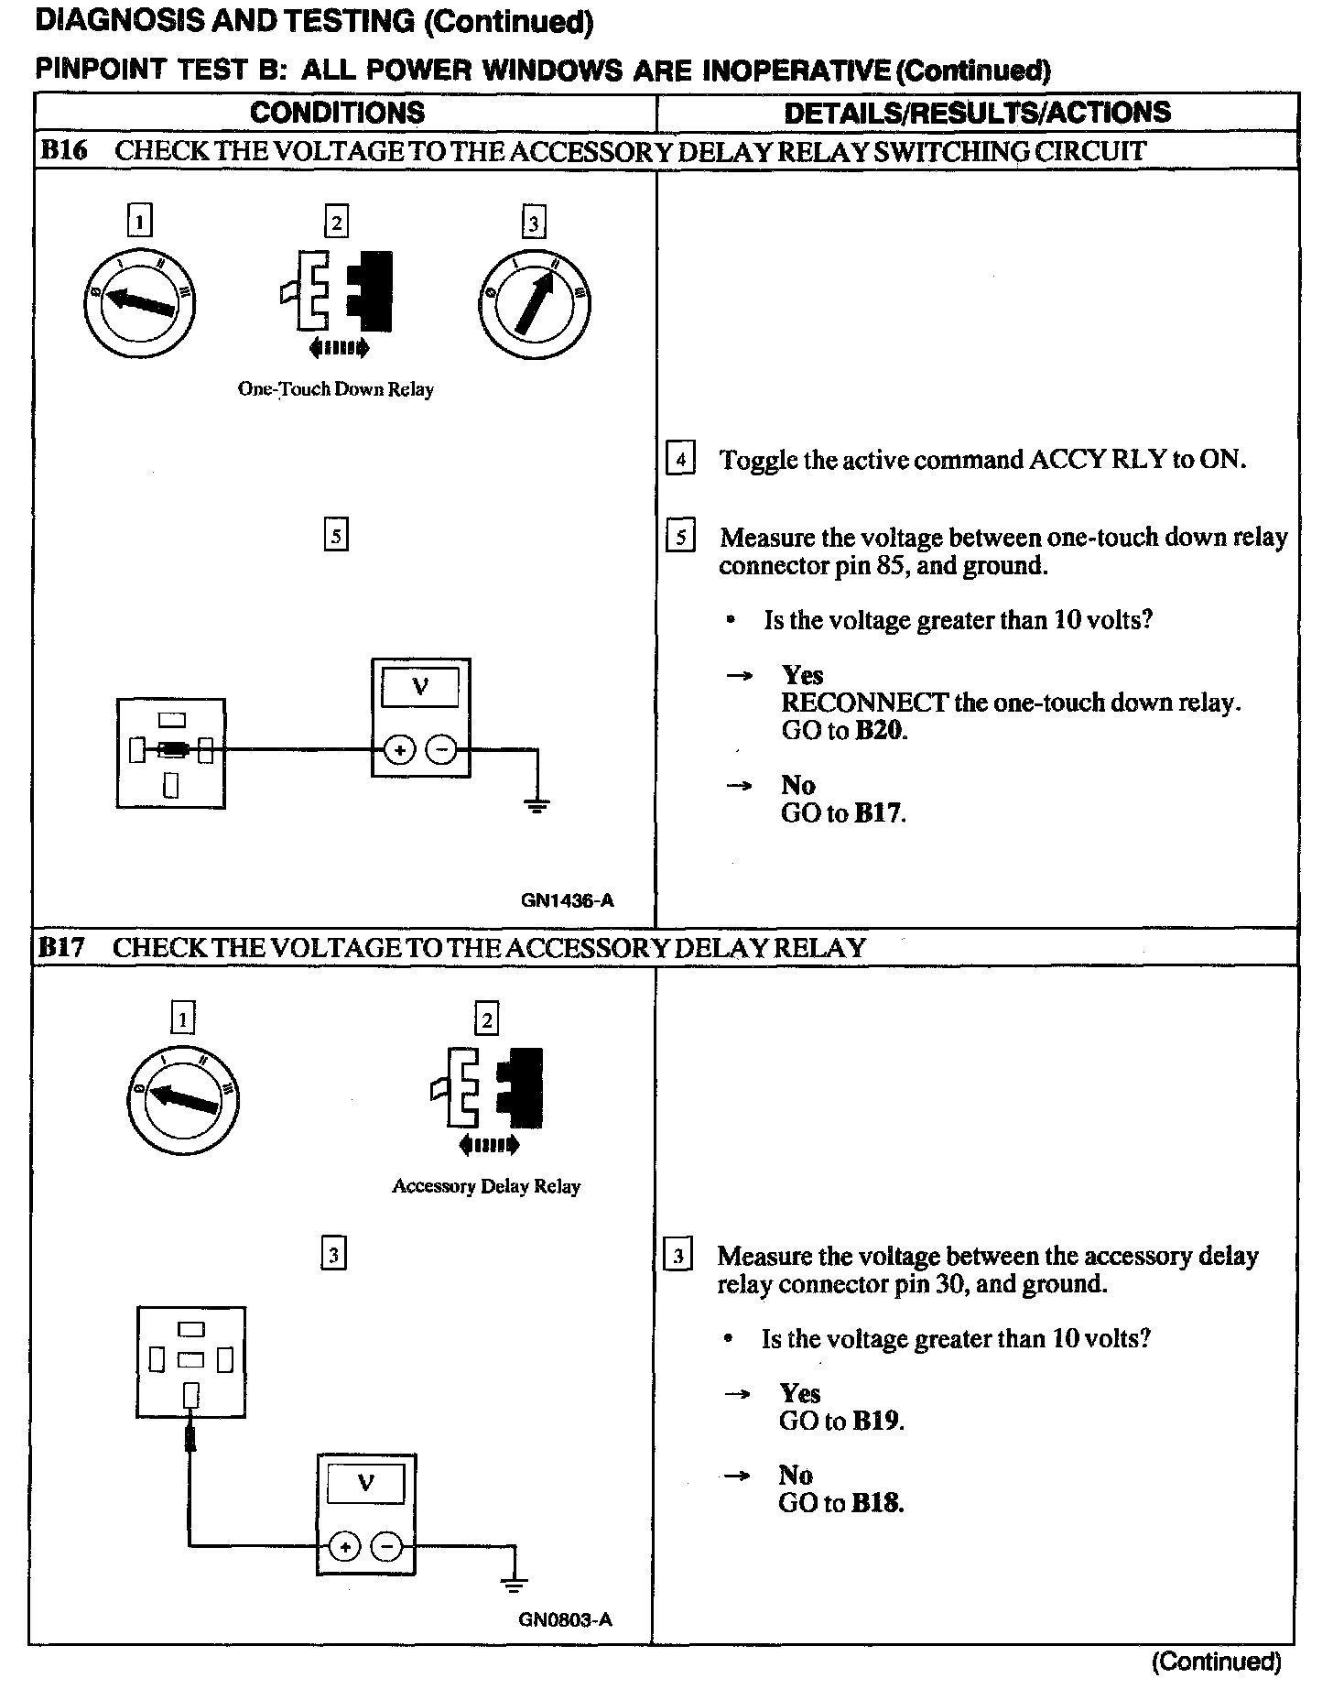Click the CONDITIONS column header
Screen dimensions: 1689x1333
pos(337,113)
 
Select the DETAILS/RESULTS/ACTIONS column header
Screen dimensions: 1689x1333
pos(977,113)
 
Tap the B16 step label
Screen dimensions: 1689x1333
pos(64,151)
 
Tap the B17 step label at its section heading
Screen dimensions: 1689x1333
pos(62,947)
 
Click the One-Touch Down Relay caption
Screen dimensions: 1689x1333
pos(335,389)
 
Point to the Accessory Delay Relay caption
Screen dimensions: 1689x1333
pos(486,1186)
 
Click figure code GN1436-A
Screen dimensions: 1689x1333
pos(567,900)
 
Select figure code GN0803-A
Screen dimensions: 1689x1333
pos(565,1619)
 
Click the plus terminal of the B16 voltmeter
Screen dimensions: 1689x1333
pos(399,751)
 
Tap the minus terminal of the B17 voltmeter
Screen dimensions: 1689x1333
pos(387,1547)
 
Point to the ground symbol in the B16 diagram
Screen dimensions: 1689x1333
pos(536,805)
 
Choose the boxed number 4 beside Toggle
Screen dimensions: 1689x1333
pos(680,459)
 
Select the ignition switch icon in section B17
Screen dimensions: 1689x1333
pos(183,1096)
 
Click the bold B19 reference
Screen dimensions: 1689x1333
pos(876,1421)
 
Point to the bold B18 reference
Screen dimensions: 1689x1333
pos(876,1503)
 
